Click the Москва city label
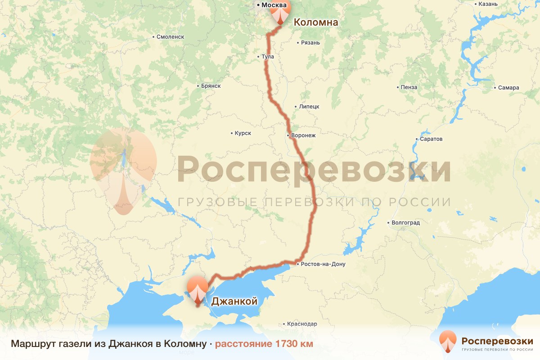pos(274,5)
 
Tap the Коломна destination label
pos(315,22)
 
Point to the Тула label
pos(267,57)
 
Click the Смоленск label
pos(170,37)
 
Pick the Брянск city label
pos(211,86)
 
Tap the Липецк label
pos(309,107)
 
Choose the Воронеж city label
pos(304,135)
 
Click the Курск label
pos(243,133)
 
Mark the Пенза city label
pos(409,87)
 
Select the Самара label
pos(508,88)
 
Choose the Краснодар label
pos(303,324)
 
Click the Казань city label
pos(488,4)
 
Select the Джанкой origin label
pos(234,301)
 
